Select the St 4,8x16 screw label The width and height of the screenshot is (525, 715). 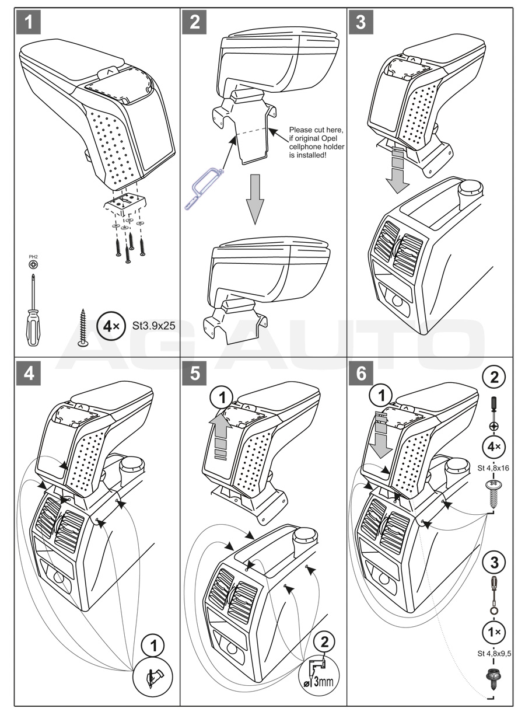(x=494, y=468)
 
